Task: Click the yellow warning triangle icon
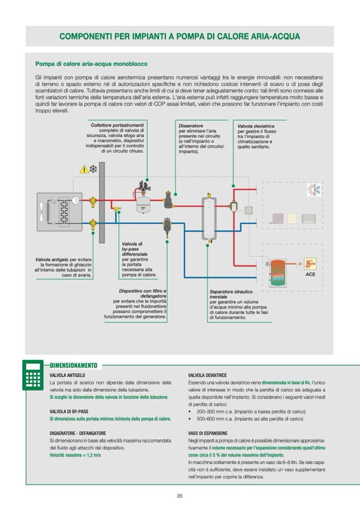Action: (x=84, y=169)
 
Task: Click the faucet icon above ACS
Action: (x=310, y=263)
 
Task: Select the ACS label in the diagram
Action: (x=310, y=274)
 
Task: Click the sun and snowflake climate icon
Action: (x=314, y=189)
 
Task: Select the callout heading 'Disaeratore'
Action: (x=191, y=126)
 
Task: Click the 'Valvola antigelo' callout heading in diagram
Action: (x=52, y=260)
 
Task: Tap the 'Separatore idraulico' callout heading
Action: (x=230, y=291)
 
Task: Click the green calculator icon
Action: (x=33, y=375)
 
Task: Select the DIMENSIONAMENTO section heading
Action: (x=73, y=365)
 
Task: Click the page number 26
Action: (x=180, y=496)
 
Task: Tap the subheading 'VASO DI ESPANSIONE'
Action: (x=208, y=433)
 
